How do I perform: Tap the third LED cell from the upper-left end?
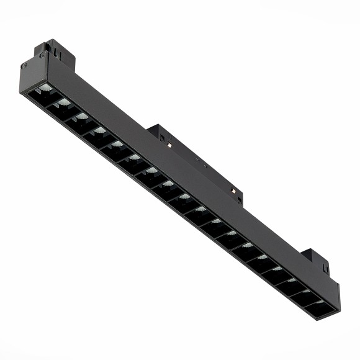tap(78, 119)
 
